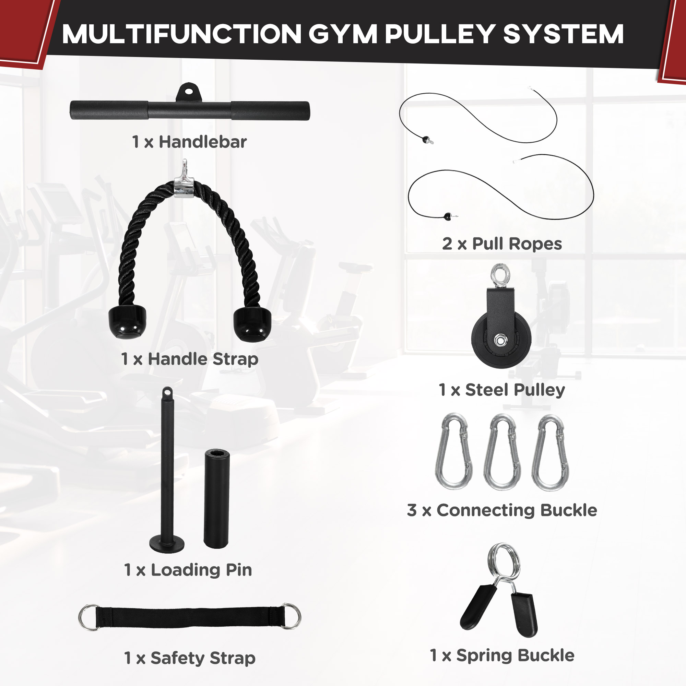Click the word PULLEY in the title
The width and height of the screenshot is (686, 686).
pyautogui.click(x=440, y=34)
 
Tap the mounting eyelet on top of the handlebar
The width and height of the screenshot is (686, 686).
pyautogui.click(x=189, y=92)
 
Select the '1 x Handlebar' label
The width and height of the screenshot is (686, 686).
pyautogui.click(x=189, y=142)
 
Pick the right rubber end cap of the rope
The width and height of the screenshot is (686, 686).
pyautogui.click(x=252, y=323)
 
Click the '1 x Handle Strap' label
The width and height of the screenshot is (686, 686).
pyautogui.click(x=189, y=359)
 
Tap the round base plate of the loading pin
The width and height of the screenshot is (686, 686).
pyautogui.click(x=167, y=544)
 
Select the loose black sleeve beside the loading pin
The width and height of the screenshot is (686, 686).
pyautogui.click(x=216, y=499)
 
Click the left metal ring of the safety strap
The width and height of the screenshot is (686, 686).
pyautogui.click(x=89, y=617)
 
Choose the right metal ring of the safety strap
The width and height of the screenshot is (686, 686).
pyautogui.click(x=291, y=616)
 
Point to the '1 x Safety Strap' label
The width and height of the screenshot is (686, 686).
pyautogui.click(x=190, y=658)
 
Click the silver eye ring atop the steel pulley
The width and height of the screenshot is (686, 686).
pyautogui.click(x=501, y=274)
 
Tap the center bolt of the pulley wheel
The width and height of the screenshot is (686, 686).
pyautogui.click(x=500, y=341)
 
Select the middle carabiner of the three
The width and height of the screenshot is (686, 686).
pyautogui.click(x=502, y=452)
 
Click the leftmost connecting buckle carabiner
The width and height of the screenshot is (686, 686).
pyautogui.click(x=454, y=452)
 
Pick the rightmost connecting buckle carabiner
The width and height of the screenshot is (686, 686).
pyautogui.click(x=550, y=453)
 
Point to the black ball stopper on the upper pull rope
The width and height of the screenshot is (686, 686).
pyautogui.click(x=426, y=139)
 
